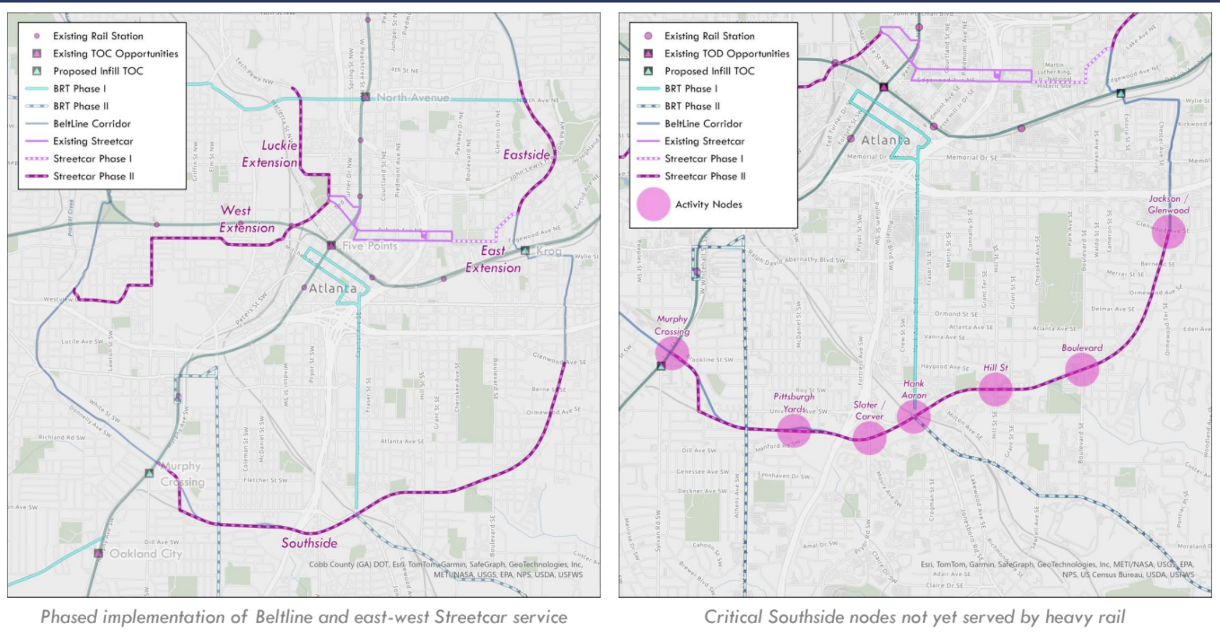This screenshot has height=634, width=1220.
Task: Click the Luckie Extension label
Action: (270, 154)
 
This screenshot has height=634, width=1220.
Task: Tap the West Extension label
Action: (247, 219)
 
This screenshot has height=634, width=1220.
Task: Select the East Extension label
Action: (493, 259)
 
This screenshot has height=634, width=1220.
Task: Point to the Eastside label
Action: (526, 155)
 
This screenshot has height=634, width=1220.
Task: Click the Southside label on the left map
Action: (309, 543)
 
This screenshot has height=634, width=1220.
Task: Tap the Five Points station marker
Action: (331, 245)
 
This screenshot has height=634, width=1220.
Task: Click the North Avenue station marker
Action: (365, 97)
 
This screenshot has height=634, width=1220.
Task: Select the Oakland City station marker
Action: (98, 553)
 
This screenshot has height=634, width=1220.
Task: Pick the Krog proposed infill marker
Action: (525, 251)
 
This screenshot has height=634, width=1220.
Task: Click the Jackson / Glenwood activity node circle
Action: (1169, 232)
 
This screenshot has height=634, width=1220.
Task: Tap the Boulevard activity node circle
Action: (1082, 369)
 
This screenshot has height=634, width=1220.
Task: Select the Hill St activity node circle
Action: (995, 389)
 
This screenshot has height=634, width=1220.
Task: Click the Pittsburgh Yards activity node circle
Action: (794, 430)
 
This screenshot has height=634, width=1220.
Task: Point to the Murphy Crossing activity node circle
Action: (672, 353)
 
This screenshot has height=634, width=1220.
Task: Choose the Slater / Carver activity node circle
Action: (869, 438)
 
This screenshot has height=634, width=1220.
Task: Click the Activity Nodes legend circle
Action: (653, 204)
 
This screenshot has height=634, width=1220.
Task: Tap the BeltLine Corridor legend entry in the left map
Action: (92, 124)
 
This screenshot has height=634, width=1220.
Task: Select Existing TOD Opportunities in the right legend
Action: (726, 54)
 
